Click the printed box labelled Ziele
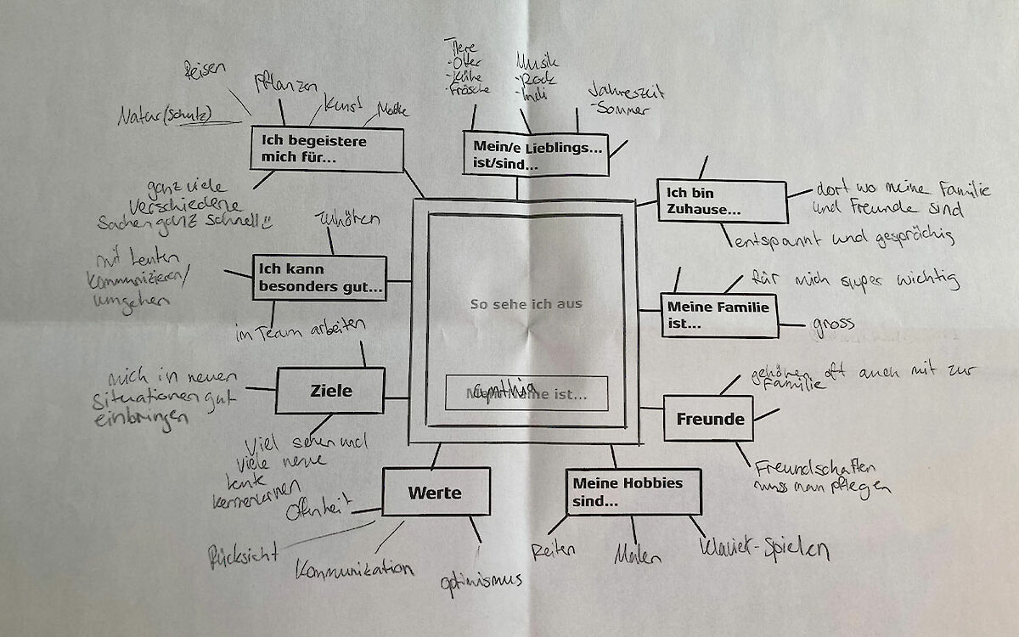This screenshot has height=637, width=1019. (318, 392)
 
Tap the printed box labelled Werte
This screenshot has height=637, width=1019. (435, 493)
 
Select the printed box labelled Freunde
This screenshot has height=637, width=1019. (709, 419)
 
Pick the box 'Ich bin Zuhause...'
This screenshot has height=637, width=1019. (721, 200)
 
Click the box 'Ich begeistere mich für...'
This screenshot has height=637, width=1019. (325, 149)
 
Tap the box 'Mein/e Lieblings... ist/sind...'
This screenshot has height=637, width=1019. (536, 154)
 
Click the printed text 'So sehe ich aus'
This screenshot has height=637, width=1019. (526, 303)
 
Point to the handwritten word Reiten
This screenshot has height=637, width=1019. (554, 550)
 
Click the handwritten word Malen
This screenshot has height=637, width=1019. (638, 556)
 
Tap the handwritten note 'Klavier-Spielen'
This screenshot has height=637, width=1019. (763, 550)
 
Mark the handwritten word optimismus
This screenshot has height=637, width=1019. (481, 581)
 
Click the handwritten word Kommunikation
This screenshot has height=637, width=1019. (354, 568)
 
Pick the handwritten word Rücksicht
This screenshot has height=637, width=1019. (244, 556)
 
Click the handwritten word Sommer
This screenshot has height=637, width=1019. (622, 108)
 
